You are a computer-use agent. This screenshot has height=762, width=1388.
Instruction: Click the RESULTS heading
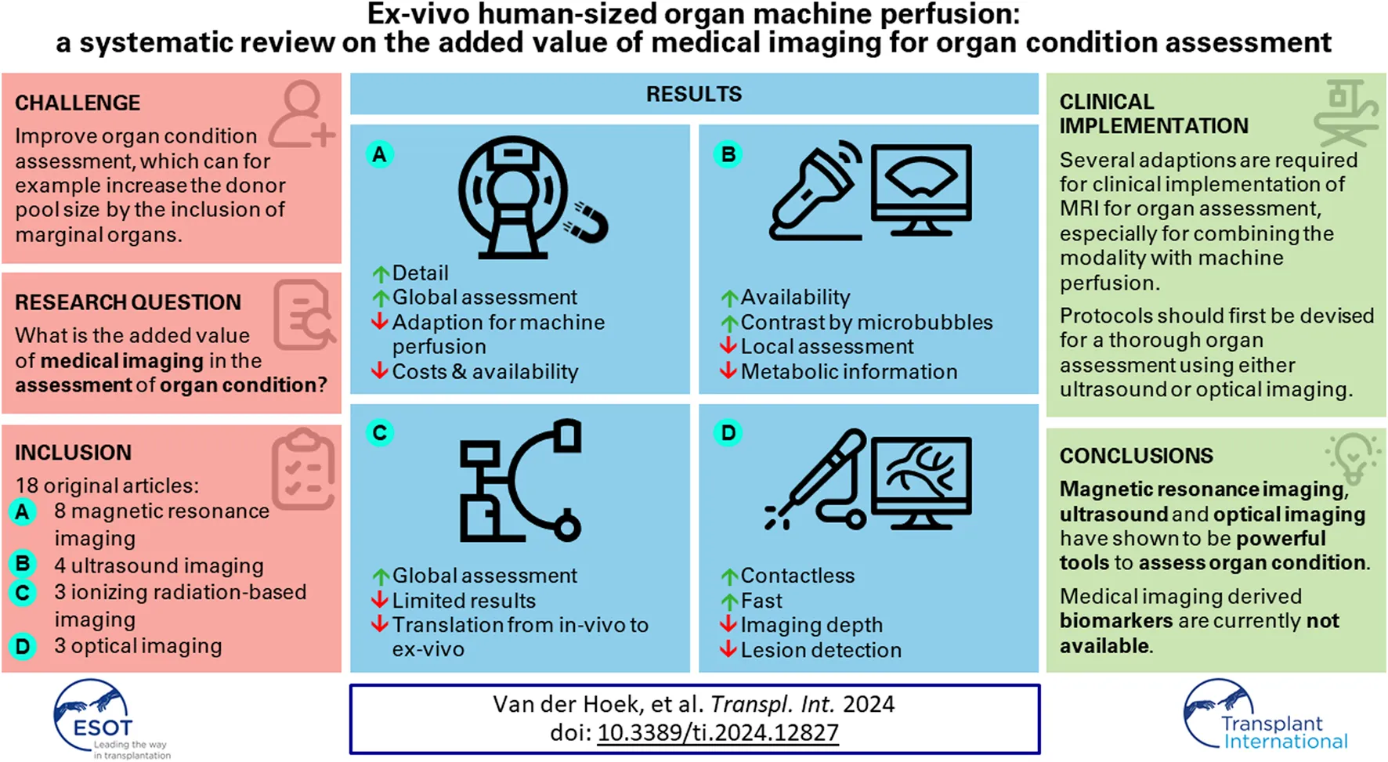(x=693, y=94)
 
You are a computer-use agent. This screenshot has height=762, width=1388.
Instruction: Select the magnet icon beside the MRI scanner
(x=587, y=222)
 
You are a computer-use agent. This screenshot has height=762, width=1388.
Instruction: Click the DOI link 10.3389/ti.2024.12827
(x=717, y=732)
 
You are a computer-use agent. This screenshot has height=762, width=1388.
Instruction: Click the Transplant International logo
(x=1263, y=717)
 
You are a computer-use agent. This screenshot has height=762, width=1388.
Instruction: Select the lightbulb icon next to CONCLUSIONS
(x=1352, y=457)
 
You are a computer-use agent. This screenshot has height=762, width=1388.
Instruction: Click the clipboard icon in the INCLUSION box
(x=304, y=469)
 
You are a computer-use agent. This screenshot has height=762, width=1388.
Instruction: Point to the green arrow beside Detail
(x=381, y=274)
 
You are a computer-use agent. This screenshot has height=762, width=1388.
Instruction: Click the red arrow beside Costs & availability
(x=380, y=370)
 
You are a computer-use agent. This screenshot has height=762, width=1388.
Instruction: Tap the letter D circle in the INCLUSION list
(x=23, y=647)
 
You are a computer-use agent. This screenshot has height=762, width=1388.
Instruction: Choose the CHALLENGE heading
(x=78, y=103)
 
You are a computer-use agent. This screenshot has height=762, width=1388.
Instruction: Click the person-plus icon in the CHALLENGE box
(x=302, y=115)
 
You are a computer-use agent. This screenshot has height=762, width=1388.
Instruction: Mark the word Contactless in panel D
(x=797, y=576)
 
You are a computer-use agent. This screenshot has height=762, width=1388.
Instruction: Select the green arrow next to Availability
(x=729, y=298)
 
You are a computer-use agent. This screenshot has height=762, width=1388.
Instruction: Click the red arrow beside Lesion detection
(x=728, y=649)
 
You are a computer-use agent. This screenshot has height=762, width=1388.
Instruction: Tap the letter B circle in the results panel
(x=728, y=154)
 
